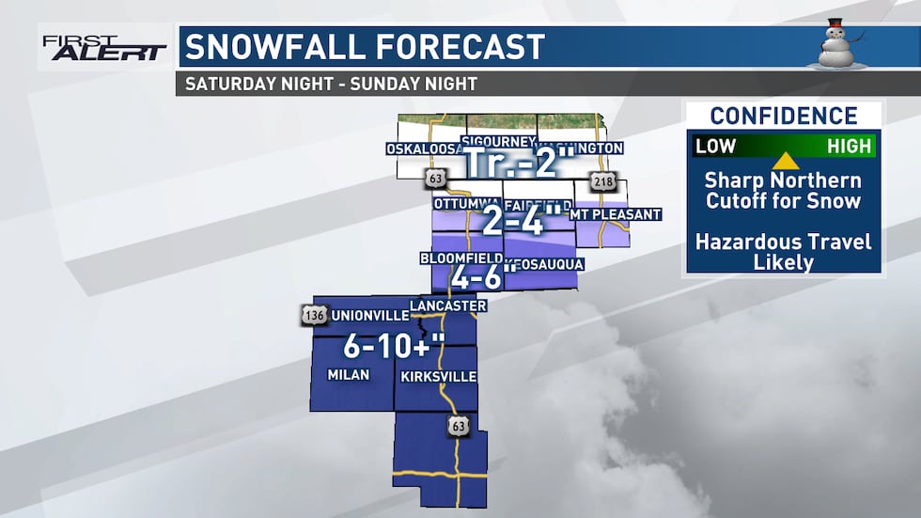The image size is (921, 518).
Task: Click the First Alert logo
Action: coord(103,47)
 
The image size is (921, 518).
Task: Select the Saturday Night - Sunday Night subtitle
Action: coord(331,83)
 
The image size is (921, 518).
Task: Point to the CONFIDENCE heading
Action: coord(784,117)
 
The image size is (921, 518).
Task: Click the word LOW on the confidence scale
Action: coord(715,147)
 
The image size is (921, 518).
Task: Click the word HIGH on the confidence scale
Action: coord(850,147)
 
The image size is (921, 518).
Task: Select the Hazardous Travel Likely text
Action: coord(784,252)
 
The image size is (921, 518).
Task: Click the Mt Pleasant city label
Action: coord(618,214)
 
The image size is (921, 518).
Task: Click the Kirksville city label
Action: coord(438,376)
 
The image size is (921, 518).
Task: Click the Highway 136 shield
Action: coord(315,314)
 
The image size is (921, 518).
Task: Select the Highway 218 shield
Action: coord(601,182)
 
